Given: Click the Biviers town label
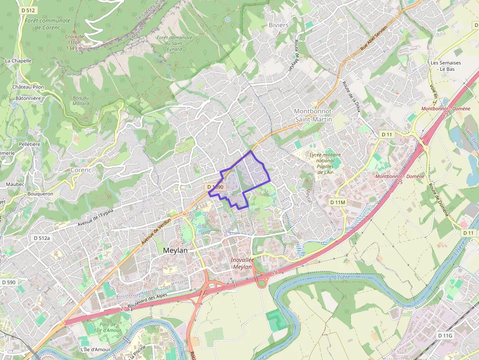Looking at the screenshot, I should pyautogui.click(x=279, y=25).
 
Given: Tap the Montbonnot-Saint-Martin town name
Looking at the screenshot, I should pyautogui.click(x=313, y=115).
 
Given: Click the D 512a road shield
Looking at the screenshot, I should pyautogui.click(x=42, y=238).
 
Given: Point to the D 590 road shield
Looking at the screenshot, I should pyautogui.click(x=9, y=282).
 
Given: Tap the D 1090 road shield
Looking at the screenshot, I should pyautogui.click(x=215, y=187).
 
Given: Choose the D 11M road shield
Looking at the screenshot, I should pyautogui.click(x=338, y=202).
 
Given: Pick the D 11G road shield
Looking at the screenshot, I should pyautogui.click(x=445, y=336).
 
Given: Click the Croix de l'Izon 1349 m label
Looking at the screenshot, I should pyautogui.click(x=75, y=42).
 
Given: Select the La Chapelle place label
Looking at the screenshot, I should pyautogui.click(x=18, y=61).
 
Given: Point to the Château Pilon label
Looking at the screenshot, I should pyautogui.click(x=28, y=87).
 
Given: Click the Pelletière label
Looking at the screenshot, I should pyautogui.click(x=29, y=145).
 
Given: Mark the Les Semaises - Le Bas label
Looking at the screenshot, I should pyautogui.click(x=445, y=66).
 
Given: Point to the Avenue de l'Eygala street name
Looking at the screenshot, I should pyautogui.click(x=95, y=217).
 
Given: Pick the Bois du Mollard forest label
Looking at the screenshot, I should pyautogui.click(x=81, y=101).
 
